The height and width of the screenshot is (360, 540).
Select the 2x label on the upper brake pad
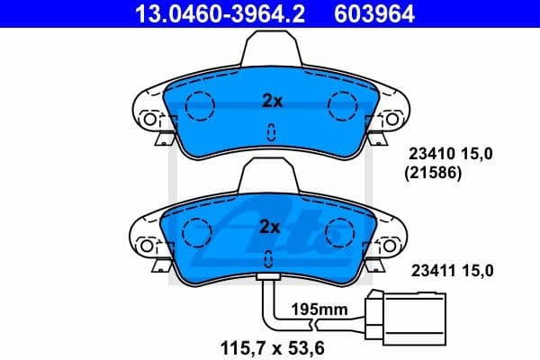click(x=272, y=102)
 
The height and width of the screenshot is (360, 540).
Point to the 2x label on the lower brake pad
click(x=272, y=226)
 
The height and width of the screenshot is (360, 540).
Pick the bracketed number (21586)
click(x=436, y=175)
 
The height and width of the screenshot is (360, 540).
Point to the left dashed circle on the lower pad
click(x=199, y=233)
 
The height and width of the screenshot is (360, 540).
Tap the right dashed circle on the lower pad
click(x=343, y=233)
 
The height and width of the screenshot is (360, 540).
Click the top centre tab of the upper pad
click(x=271, y=45)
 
